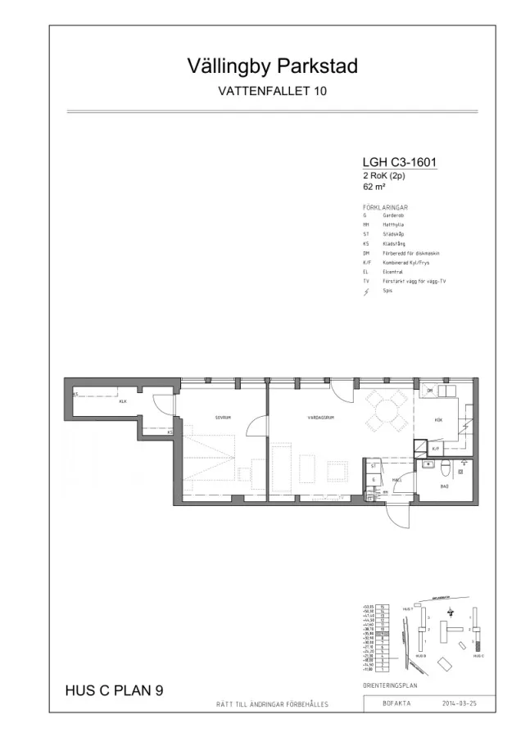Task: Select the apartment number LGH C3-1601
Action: (x=399, y=162)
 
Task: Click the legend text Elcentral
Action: (x=391, y=272)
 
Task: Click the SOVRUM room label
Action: (x=223, y=417)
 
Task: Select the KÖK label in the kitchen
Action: (x=437, y=419)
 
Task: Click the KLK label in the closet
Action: (x=123, y=401)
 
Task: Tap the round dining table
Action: (x=387, y=412)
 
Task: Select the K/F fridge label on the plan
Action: (x=436, y=449)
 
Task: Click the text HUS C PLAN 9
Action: (x=114, y=690)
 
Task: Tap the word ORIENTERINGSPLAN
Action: (x=392, y=685)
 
